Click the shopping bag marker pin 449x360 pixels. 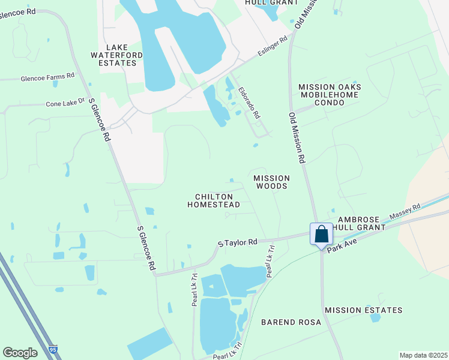tap(321, 234)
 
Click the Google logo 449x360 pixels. tap(20, 353)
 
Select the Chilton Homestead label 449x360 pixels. tap(214, 200)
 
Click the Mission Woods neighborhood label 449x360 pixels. tap(271, 182)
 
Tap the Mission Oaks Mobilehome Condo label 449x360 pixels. tap(330, 95)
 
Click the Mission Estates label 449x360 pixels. tap(363, 310)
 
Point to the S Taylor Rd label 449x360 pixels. tap(238, 242)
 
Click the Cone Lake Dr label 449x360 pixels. tap(65, 104)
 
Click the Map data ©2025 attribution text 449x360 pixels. tap(423, 355)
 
